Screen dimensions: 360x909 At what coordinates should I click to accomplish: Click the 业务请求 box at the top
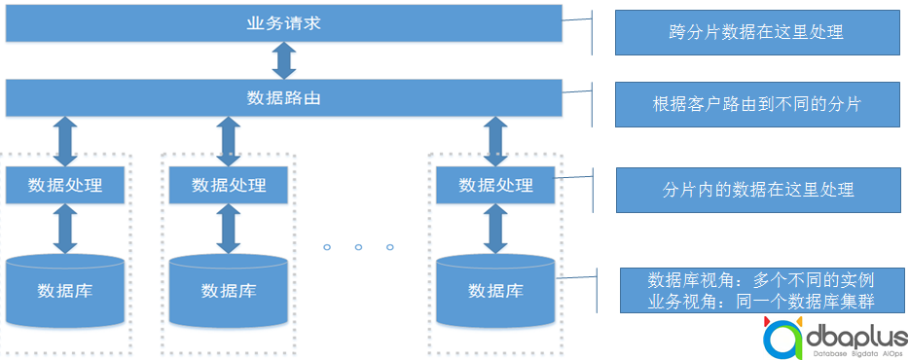point(283,23)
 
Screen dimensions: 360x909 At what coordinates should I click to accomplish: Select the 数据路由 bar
point(283,98)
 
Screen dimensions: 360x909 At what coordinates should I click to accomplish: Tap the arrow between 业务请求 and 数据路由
point(283,60)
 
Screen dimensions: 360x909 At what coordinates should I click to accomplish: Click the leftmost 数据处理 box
point(65,185)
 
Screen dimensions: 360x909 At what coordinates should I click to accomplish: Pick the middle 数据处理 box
point(228,185)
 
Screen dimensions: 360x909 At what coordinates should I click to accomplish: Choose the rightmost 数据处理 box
point(495,185)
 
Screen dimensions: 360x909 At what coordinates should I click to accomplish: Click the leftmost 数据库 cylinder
point(65,290)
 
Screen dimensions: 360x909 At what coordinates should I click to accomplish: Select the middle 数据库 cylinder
point(228,290)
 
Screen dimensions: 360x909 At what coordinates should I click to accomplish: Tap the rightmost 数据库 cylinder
point(495,290)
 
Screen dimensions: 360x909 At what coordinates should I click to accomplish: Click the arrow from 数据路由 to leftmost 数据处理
point(65,141)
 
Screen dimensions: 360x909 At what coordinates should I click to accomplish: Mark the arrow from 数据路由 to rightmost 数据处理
point(495,141)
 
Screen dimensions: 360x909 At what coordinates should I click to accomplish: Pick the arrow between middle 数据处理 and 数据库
point(228,229)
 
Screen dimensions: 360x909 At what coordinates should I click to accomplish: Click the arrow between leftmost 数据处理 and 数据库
point(65,229)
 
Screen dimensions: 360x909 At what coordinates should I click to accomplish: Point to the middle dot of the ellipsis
point(358,247)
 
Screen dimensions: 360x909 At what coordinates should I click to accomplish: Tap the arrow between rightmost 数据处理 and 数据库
point(495,229)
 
